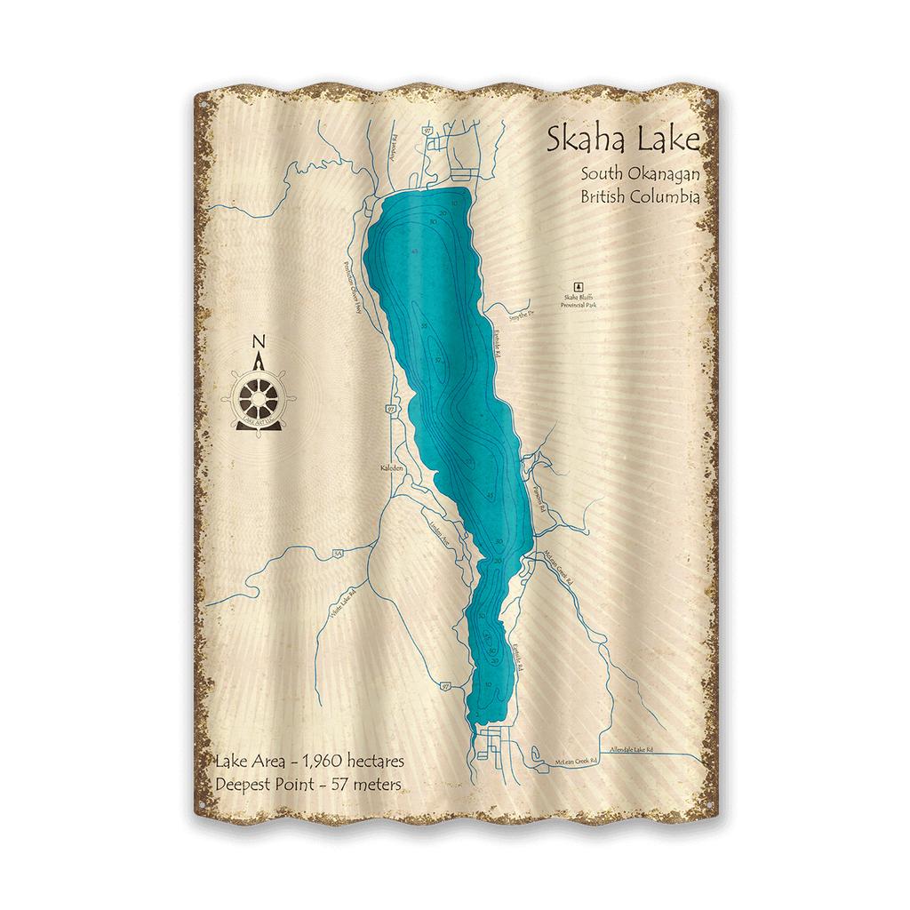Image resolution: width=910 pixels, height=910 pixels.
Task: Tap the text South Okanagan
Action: [x=640, y=174]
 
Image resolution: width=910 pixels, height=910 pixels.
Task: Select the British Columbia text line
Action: [x=640, y=196]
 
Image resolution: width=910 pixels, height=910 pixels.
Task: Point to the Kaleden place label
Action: [x=392, y=467]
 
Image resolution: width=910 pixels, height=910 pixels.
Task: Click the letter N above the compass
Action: [x=259, y=341]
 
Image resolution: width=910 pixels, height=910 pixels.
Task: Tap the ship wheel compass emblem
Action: [x=259, y=395]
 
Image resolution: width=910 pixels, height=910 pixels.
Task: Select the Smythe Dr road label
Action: [x=522, y=314]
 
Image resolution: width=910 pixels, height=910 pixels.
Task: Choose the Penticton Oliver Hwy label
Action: [x=352, y=294]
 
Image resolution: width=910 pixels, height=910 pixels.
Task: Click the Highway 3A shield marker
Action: [x=336, y=554]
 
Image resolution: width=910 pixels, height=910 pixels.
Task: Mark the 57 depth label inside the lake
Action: [x=439, y=361]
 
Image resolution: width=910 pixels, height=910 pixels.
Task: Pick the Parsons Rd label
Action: [x=538, y=498]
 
